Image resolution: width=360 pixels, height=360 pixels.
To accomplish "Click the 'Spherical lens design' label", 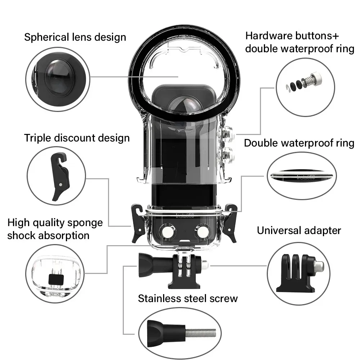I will click(75, 37).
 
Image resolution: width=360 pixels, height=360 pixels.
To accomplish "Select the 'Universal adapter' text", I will click(299, 230).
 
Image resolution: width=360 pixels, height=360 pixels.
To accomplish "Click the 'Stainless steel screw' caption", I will click(188, 298).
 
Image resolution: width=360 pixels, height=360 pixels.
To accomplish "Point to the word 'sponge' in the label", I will click(85, 223).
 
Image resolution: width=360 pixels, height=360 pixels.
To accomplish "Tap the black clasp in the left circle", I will click(60, 176).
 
